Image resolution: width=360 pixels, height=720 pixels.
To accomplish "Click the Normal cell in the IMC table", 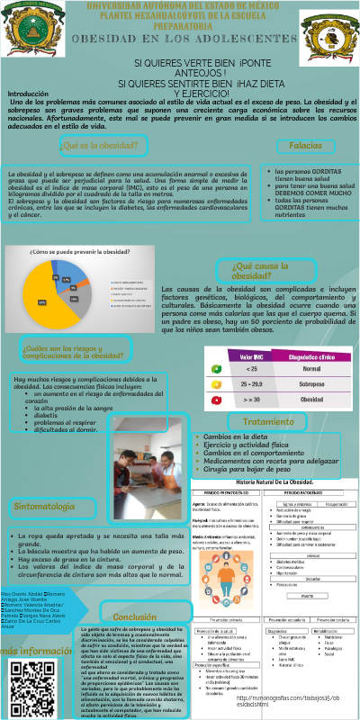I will (x=310, y=369).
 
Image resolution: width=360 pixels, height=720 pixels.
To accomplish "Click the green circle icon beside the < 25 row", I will (x=214, y=369).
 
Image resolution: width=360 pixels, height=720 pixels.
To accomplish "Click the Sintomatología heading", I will (x=47, y=508).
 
